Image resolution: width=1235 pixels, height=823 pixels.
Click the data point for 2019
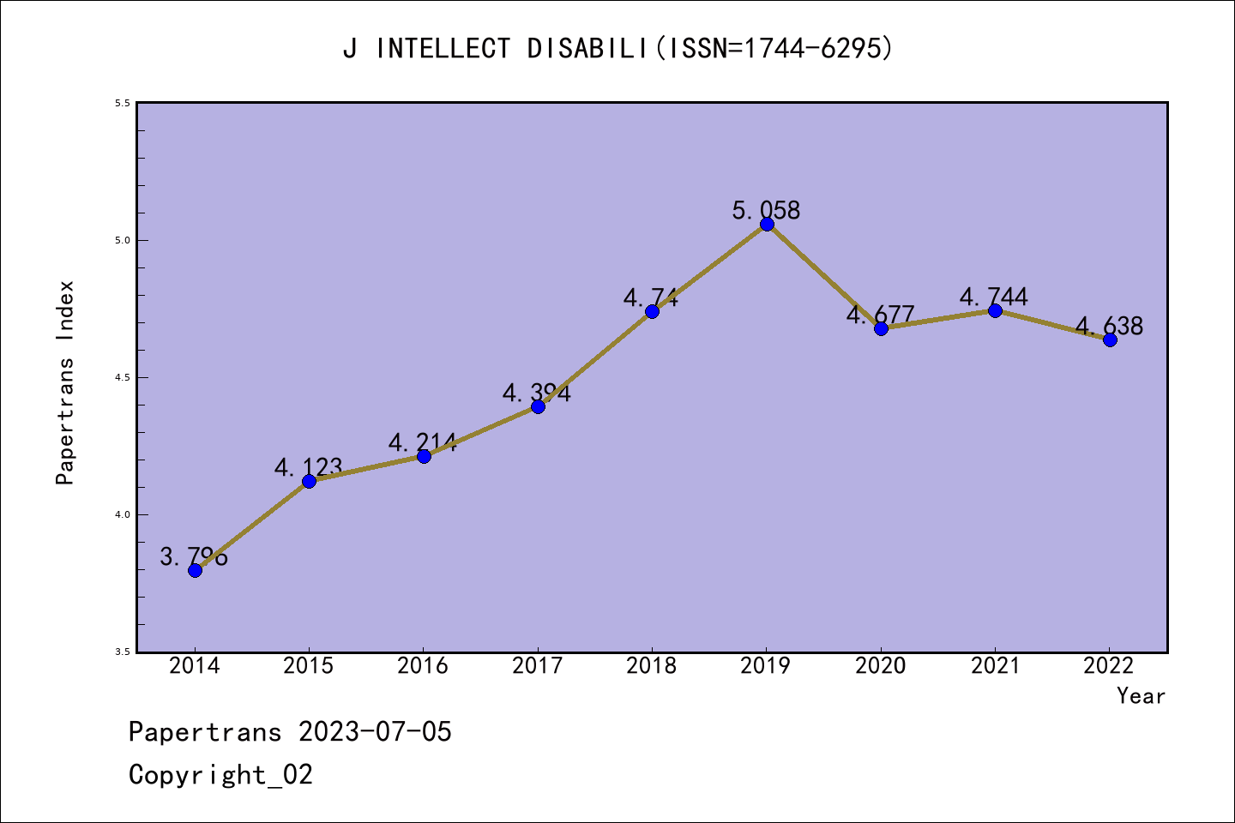point(767,225)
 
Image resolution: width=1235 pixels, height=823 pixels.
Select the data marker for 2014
point(195,570)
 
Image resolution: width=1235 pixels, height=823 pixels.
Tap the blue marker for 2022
point(1110,339)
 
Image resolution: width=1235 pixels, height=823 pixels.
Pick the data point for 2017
point(538,406)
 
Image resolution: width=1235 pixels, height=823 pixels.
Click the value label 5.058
point(766,210)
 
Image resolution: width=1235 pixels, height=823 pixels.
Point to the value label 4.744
point(994,297)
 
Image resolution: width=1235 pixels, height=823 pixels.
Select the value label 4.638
point(1109,326)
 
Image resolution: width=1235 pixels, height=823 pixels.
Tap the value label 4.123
point(309,467)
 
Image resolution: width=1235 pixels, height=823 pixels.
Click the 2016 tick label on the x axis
point(423,666)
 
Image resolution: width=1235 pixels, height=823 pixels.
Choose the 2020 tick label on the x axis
point(880,666)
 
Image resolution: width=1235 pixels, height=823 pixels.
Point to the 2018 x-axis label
point(652,666)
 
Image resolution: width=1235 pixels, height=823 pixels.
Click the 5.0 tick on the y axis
point(122,241)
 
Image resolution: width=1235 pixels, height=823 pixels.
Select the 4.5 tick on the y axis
point(122,378)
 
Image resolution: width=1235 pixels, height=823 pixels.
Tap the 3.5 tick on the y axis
point(122,652)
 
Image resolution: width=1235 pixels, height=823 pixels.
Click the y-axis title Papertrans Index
point(65,382)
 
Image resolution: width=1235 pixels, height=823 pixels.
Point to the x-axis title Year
point(1141,696)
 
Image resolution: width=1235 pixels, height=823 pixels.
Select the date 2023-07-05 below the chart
point(375,732)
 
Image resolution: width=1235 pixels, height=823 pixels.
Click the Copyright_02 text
point(220,775)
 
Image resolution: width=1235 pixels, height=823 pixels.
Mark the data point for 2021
point(995,310)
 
